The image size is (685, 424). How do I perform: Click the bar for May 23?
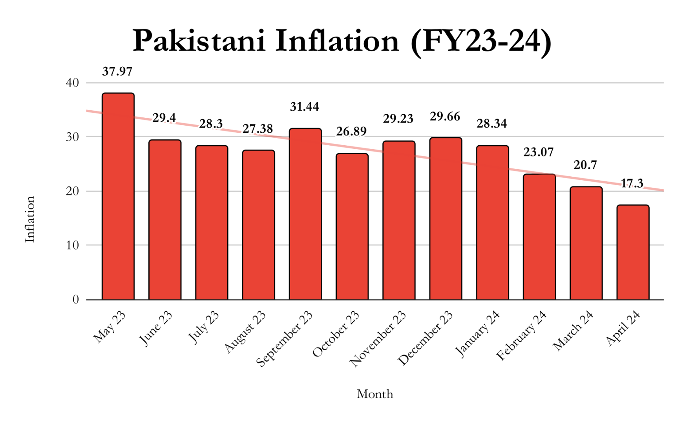point(118,196)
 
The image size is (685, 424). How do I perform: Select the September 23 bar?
point(305,214)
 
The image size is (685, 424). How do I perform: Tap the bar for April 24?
point(632,252)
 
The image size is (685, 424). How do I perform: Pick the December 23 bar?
point(446,218)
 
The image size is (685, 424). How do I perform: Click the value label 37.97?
point(117,71)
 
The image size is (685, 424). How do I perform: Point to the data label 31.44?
point(305,107)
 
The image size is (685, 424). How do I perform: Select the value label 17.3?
point(632,183)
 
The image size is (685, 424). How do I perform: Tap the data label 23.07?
point(538,152)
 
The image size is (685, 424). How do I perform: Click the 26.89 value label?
point(351,132)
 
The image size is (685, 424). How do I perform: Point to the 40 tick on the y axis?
point(73,83)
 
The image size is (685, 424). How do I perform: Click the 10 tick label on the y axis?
point(73,245)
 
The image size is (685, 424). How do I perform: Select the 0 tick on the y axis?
point(76,300)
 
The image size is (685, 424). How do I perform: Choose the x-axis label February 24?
point(522,335)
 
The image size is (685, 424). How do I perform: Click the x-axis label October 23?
point(336,334)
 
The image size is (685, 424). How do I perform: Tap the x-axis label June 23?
point(156,328)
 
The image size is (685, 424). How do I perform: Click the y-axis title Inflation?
point(30,219)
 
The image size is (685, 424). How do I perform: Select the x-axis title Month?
point(374,394)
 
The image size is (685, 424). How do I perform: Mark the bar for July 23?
point(212,223)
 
